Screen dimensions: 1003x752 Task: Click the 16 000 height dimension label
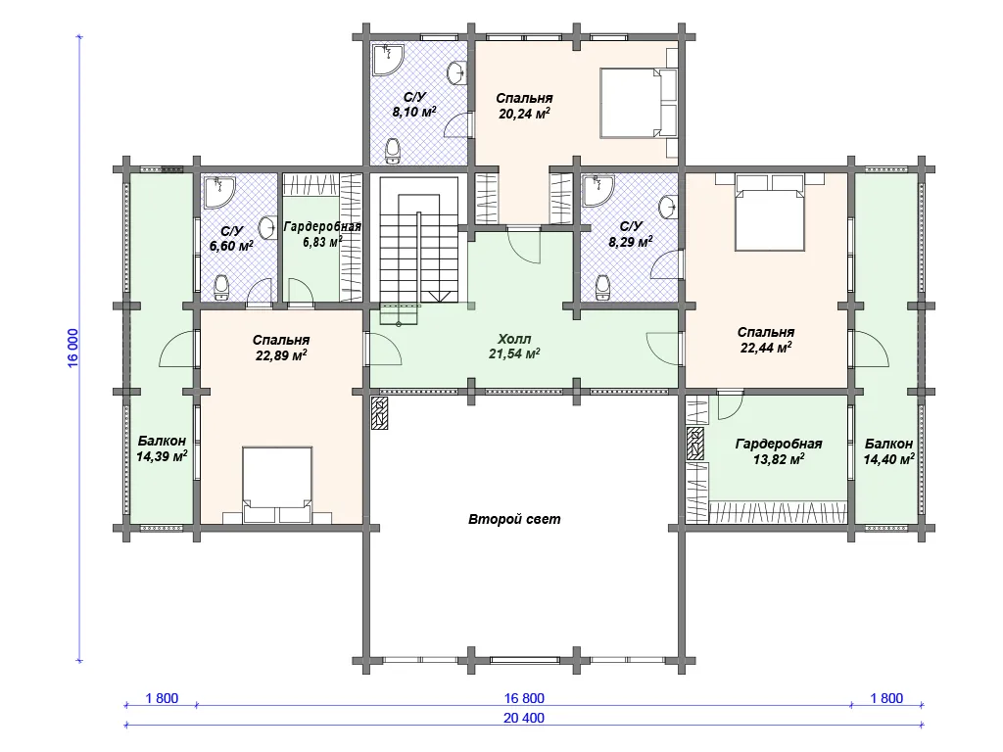tap(73, 349)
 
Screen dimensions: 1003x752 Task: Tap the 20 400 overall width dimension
tap(524, 718)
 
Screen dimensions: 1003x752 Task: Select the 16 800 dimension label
tap(524, 698)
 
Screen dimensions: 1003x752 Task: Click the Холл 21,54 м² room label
tap(514, 346)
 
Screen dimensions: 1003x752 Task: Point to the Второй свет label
tap(514, 519)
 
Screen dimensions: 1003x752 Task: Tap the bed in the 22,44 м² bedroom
tap(770, 211)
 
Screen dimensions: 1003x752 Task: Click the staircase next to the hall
tap(419, 243)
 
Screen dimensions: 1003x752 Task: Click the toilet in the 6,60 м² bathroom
tap(222, 287)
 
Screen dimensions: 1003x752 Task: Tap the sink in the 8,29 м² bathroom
tap(668, 208)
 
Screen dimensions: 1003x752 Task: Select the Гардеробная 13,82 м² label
tap(779, 451)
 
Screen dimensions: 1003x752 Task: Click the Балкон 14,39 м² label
tap(162, 448)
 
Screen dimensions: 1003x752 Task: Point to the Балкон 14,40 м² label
tap(888, 451)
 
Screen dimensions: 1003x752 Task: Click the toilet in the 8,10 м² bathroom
tap(393, 149)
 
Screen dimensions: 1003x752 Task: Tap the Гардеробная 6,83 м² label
tap(322, 234)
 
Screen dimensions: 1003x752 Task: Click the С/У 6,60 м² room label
tap(231, 239)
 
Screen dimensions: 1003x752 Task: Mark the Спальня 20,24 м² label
tap(524, 106)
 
